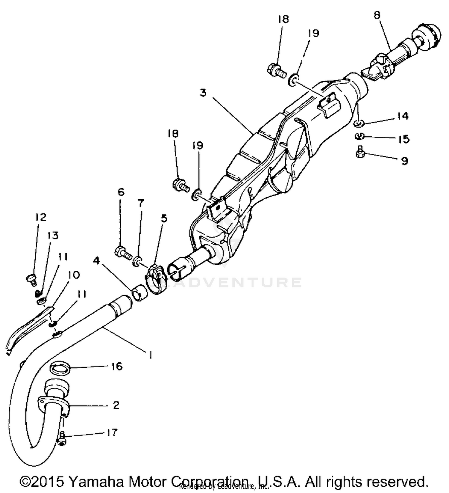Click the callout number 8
(377, 15)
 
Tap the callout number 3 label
(203, 93)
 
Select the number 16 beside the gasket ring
(117, 366)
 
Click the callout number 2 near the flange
(116, 405)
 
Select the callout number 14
(403, 116)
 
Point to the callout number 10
(74, 275)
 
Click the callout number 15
(404, 139)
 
